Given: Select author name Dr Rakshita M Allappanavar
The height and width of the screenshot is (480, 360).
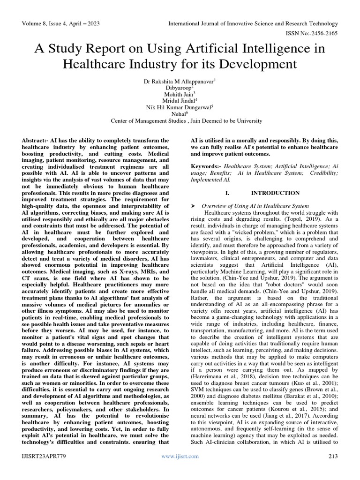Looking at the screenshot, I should coord(179,82).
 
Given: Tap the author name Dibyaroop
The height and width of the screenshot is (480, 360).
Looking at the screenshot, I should coord(179,88).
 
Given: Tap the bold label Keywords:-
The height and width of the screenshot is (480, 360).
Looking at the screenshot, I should coord(206,166).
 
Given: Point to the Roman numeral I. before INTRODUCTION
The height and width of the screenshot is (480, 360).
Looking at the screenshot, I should coord(228,193).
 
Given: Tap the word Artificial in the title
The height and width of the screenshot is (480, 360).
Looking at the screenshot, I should coord(220,48).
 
